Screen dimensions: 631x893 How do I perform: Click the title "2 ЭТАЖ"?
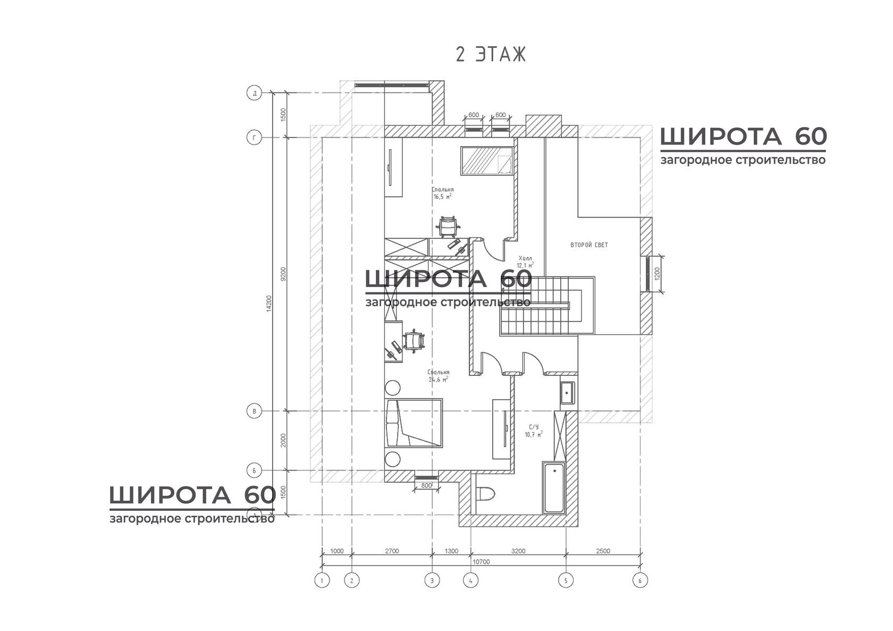(491, 55)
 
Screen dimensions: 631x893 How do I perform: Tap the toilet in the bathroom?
(485, 494)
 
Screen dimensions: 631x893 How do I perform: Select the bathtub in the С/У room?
(554, 487)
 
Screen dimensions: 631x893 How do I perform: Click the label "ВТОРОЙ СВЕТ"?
(589, 245)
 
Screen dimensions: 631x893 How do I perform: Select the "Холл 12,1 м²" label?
(525, 262)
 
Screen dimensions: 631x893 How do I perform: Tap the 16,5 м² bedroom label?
(442, 193)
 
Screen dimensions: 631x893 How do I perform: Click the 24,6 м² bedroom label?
(438, 376)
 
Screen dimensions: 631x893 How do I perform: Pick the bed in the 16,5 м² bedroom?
(487, 161)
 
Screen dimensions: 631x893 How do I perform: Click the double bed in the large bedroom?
(414, 424)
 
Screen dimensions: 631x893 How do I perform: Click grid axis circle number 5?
(566, 580)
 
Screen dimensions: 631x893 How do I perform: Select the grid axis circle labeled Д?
(255, 94)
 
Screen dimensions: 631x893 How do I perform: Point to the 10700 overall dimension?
(481, 562)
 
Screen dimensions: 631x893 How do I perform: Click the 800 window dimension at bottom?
(426, 485)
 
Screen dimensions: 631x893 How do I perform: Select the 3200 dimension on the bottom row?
(518, 551)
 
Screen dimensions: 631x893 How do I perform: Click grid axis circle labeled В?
(255, 411)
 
